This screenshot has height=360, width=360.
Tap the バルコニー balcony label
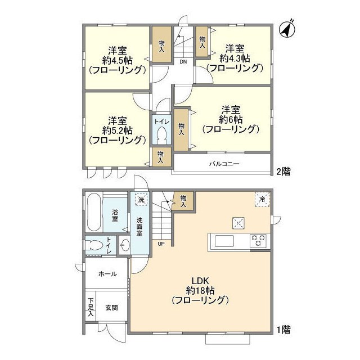[x=224, y=164]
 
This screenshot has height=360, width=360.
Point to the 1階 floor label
[x=283, y=330]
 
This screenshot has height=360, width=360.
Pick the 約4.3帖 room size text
[x=235, y=58]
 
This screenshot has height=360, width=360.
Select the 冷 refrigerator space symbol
[x=262, y=199]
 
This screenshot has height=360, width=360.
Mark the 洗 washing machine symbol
[x=140, y=199]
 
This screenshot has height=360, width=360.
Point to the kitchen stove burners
[x=258, y=240]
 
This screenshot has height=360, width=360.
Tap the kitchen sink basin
[x=223, y=241]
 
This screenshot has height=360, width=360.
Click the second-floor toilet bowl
[x=161, y=136]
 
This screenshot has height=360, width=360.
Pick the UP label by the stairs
[x=161, y=244]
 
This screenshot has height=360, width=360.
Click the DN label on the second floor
[x=183, y=62]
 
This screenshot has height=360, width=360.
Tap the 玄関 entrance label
[x=111, y=308]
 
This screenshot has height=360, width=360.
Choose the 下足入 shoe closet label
[x=90, y=309]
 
